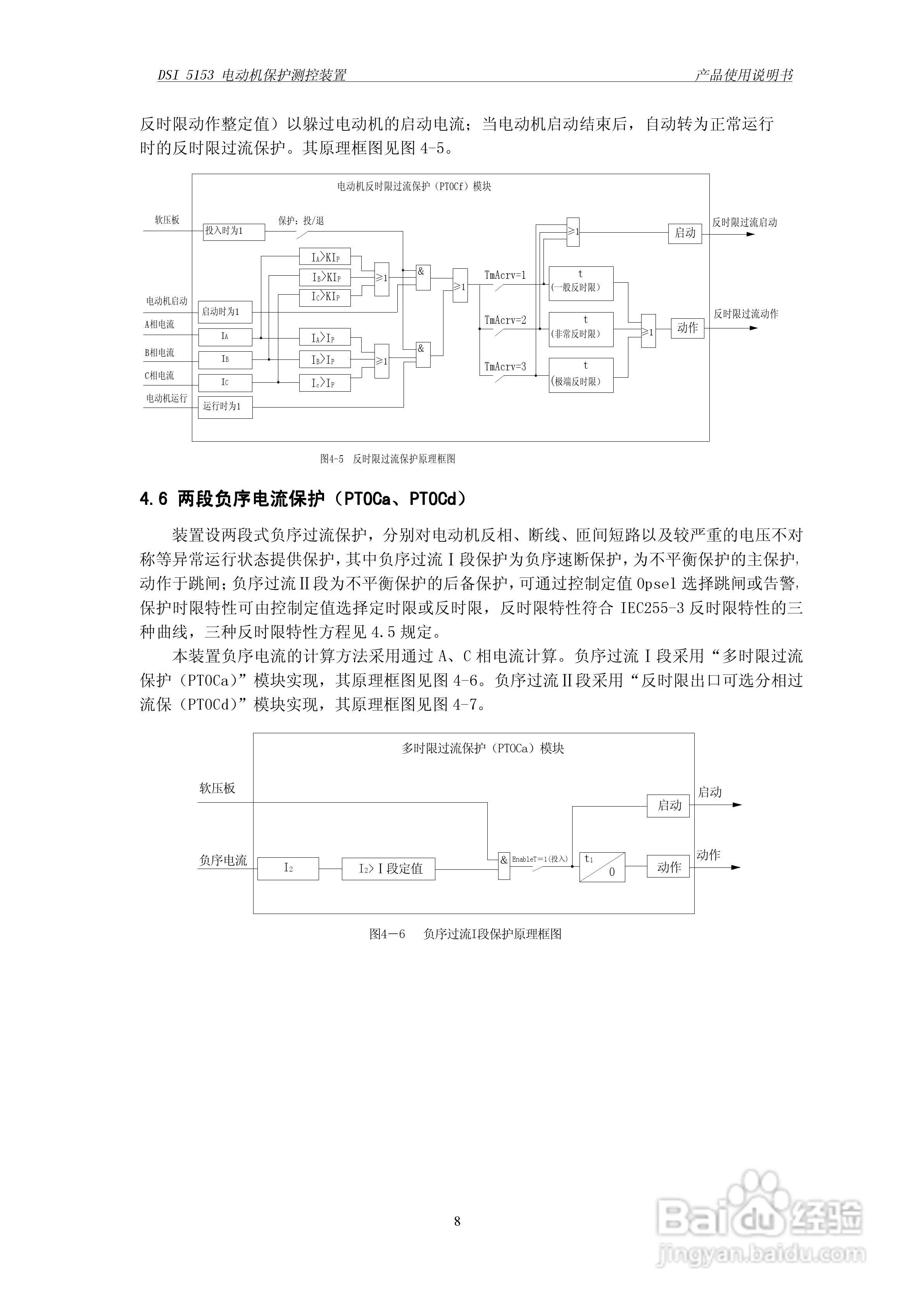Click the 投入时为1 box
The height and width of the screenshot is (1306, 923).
click(x=234, y=232)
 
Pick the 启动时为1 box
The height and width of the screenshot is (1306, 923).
click(x=225, y=312)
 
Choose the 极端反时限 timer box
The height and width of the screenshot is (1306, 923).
click(x=581, y=375)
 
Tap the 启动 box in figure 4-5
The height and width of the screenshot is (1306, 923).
click(x=685, y=233)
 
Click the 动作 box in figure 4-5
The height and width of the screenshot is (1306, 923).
click(x=688, y=328)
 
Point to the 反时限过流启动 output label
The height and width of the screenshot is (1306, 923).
click(x=744, y=223)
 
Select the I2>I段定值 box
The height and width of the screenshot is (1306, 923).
click(x=388, y=869)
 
